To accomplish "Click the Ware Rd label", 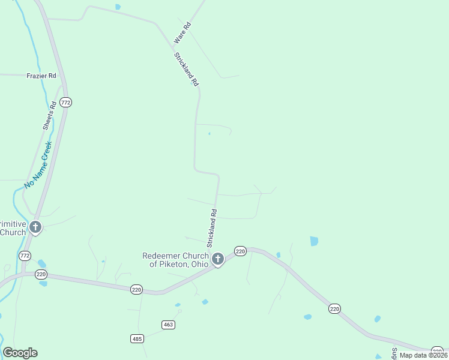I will pos(182,32).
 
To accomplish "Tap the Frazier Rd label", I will pos(41,76).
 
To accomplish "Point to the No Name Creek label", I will pos(38,164).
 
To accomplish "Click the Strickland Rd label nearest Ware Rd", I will pos(186,70).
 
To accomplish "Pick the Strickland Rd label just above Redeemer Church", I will pos(211,228).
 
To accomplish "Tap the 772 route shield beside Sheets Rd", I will pos(66,103).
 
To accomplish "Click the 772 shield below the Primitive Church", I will pos(25,256).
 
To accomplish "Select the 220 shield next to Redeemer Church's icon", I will pos(240,251).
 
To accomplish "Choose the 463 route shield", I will pos(168,325).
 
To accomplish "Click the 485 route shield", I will pos(137,339).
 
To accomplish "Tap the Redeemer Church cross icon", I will pos(218,259).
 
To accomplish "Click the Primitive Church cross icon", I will pos(35,227).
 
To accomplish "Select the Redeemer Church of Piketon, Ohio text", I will pos(175,260).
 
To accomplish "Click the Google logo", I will pos(20,353).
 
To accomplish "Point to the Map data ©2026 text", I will pos(423,355).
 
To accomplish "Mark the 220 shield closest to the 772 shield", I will pos(41,274).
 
